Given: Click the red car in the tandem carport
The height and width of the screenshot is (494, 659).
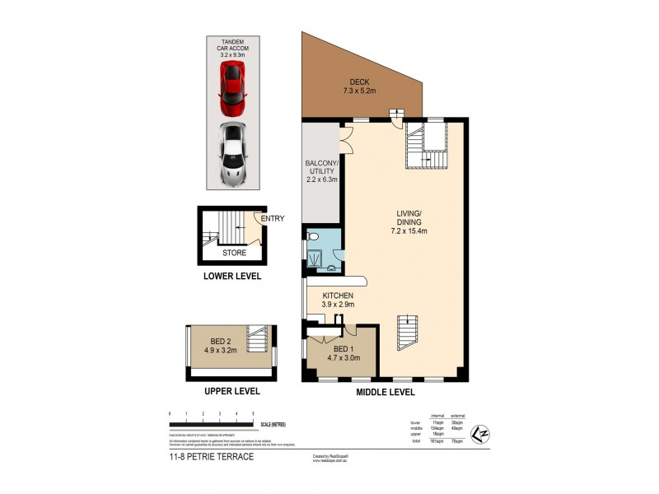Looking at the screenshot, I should (232, 87).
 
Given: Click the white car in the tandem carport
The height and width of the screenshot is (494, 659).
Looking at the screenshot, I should (232, 153).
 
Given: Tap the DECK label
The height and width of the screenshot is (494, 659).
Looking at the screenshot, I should (358, 86).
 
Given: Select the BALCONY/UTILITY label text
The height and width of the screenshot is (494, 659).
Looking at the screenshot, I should (320, 174).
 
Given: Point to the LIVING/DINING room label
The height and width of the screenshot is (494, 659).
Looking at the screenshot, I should (409, 223).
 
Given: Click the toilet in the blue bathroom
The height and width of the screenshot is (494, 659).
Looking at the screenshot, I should (313, 235).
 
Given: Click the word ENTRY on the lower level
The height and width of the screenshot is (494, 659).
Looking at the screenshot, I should (273, 219).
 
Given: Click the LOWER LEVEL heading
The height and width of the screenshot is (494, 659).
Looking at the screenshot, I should (232, 277).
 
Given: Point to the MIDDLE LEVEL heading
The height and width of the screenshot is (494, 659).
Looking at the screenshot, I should (385, 393).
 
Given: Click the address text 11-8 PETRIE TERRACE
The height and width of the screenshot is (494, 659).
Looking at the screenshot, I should (212, 456).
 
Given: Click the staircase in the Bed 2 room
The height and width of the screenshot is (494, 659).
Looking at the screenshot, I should (259, 339).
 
